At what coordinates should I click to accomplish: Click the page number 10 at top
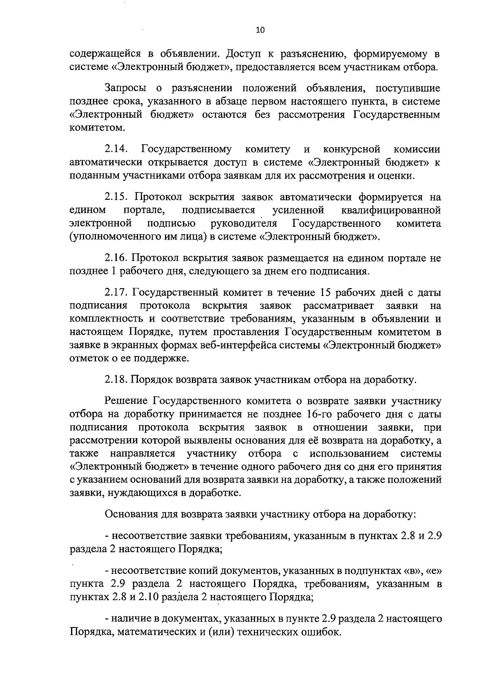click(260, 30)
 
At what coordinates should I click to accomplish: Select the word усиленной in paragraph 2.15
click(298, 210)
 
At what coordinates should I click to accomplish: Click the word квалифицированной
click(391, 210)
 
